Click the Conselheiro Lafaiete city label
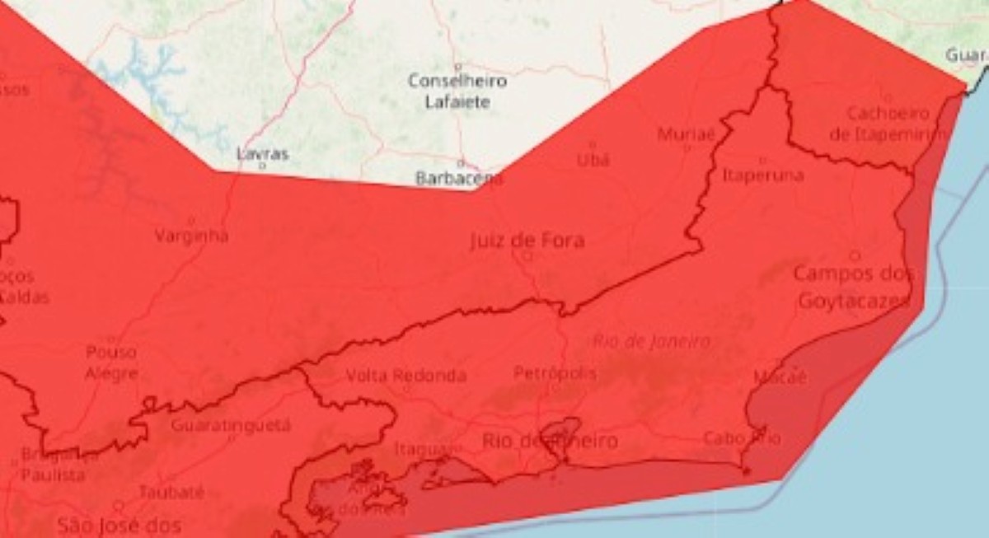click(457, 91)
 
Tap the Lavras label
click(262, 154)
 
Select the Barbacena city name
click(459, 178)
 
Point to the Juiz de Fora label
click(527, 241)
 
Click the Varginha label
click(191, 236)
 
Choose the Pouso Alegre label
click(111, 363)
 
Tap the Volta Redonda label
click(405, 376)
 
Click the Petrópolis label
click(555, 373)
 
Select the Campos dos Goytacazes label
click(854, 288)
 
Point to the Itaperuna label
click(762, 175)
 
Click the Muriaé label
click(686, 134)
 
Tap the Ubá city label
click(593, 160)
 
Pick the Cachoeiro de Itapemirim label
click(888, 124)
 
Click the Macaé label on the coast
click(780, 377)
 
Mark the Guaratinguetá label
click(231, 425)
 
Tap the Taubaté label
click(171, 493)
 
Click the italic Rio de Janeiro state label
click(651, 341)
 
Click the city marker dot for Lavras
click(262, 166)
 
